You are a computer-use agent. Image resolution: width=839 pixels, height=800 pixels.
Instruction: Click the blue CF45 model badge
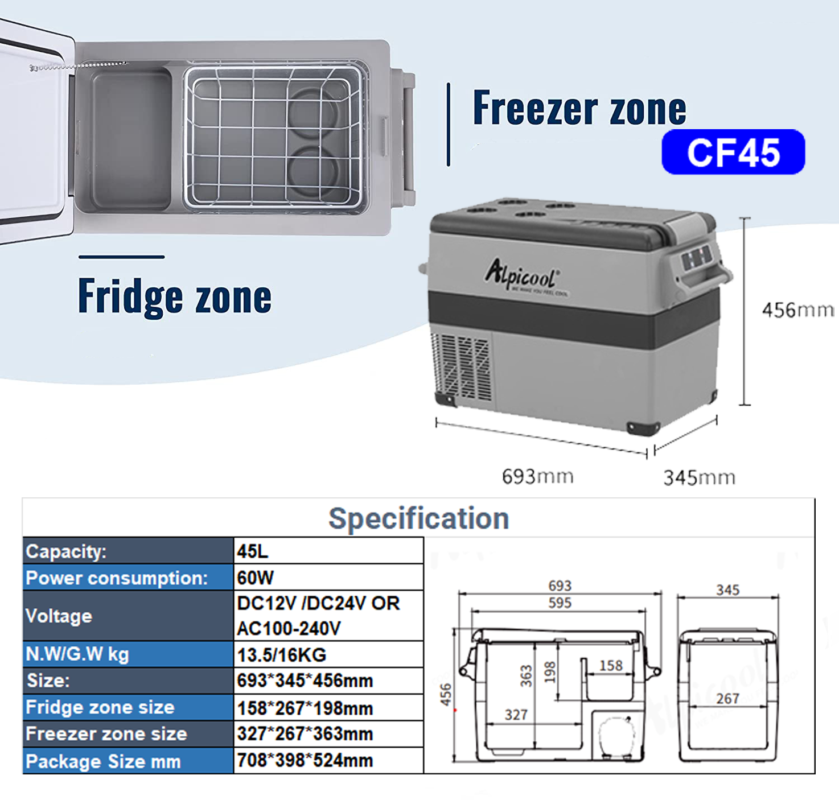tap(733, 152)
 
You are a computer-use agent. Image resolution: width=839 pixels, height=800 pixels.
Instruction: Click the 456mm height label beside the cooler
tap(797, 310)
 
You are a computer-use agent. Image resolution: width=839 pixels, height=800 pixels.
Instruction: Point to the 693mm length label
tap(537, 476)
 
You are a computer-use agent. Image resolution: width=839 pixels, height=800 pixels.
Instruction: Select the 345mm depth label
tap(699, 477)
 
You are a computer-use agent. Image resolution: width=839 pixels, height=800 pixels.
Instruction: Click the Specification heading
tap(418, 518)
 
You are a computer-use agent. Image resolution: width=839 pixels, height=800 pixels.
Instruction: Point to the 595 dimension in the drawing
tap(560, 603)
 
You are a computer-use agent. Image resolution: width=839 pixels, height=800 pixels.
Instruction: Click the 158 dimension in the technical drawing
tap(611, 666)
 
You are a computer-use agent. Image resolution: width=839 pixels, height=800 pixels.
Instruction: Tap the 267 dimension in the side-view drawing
tap(727, 699)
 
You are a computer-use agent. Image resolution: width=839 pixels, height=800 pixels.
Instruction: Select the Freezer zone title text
tap(579, 108)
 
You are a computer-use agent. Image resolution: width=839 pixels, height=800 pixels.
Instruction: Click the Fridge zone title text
tap(174, 296)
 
